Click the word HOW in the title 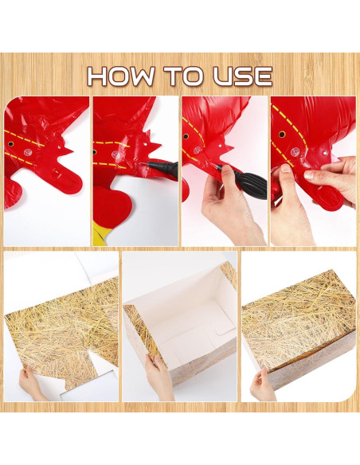pyautogui.click(x=121, y=76)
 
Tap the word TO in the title pyautogui.click(x=185, y=76)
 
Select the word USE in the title pyautogui.click(x=243, y=76)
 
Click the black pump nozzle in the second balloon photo pyautogui.click(x=162, y=168)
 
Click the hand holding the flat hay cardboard pyautogui.click(x=31, y=384)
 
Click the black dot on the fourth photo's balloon pyautogui.click(x=282, y=135)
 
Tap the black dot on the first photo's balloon pyautogui.click(x=10, y=144)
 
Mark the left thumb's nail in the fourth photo pyautogui.click(x=286, y=169)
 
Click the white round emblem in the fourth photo pyautogui.click(x=295, y=152)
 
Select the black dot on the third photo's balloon pyautogui.click(x=186, y=137)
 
